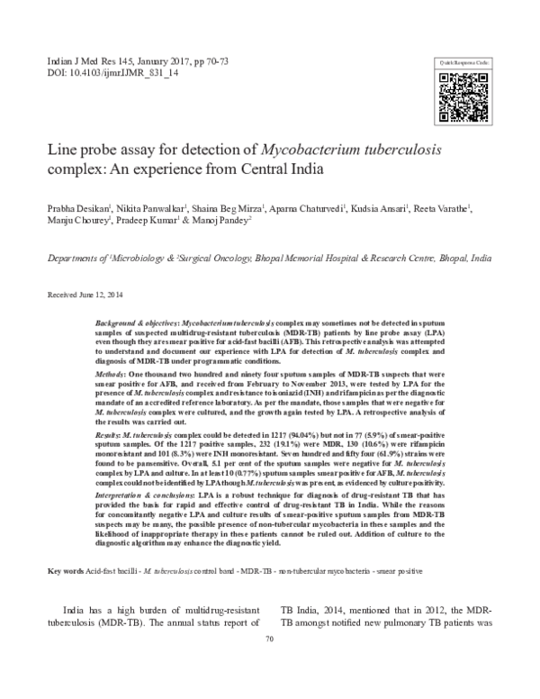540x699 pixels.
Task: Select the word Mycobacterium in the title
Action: (x=319, y=148)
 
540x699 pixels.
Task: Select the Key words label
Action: (x=66, y=572)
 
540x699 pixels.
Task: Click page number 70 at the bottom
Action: (x=269, y=664)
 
